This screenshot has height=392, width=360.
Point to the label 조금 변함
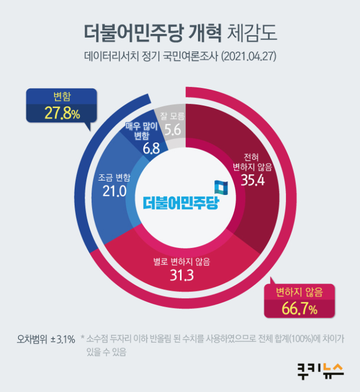tap(114, 177)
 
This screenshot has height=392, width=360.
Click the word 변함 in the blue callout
tap(62, 96)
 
